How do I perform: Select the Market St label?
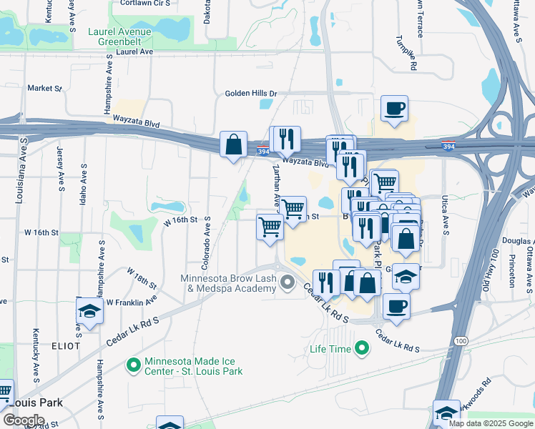(x=45, y=88)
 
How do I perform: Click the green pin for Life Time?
(x=362, y=349)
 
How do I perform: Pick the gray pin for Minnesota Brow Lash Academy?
(x=288, y=283)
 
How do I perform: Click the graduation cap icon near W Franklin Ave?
(x=89, y=311)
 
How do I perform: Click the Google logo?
(x=23, y=420)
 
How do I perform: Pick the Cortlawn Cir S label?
(x=146, y=3)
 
